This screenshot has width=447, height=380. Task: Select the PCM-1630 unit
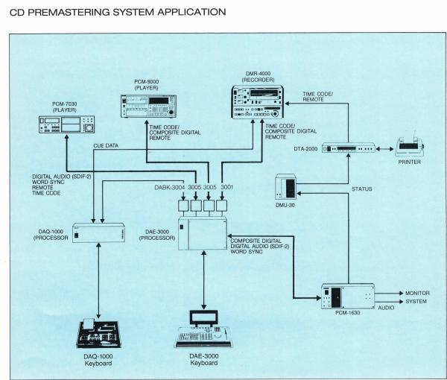click(x=346, y=297)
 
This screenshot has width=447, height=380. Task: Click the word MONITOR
click(x=418, y=294)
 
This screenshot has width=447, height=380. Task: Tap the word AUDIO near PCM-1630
click(x=387, y=306)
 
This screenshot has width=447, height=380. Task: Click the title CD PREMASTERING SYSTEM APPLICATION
click(x=113, y=12)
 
